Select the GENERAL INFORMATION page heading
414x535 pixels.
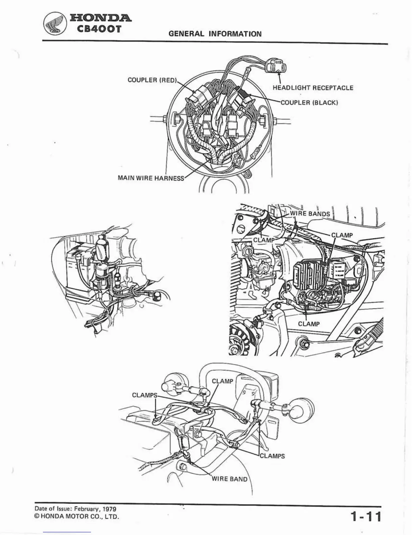pos(215,34)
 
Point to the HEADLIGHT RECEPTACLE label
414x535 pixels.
pos(313,88)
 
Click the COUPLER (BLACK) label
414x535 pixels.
pos(309,102)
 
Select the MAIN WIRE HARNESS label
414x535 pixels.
pos(151,178)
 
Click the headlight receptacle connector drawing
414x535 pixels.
pos(276,65)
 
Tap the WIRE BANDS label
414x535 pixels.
pos(310,214)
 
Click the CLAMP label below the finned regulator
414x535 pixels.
pos(308,324)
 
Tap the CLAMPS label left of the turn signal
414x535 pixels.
pos(145,395)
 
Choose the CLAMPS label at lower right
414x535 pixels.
pos(272,456)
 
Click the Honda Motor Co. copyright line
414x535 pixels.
pos(77,517)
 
